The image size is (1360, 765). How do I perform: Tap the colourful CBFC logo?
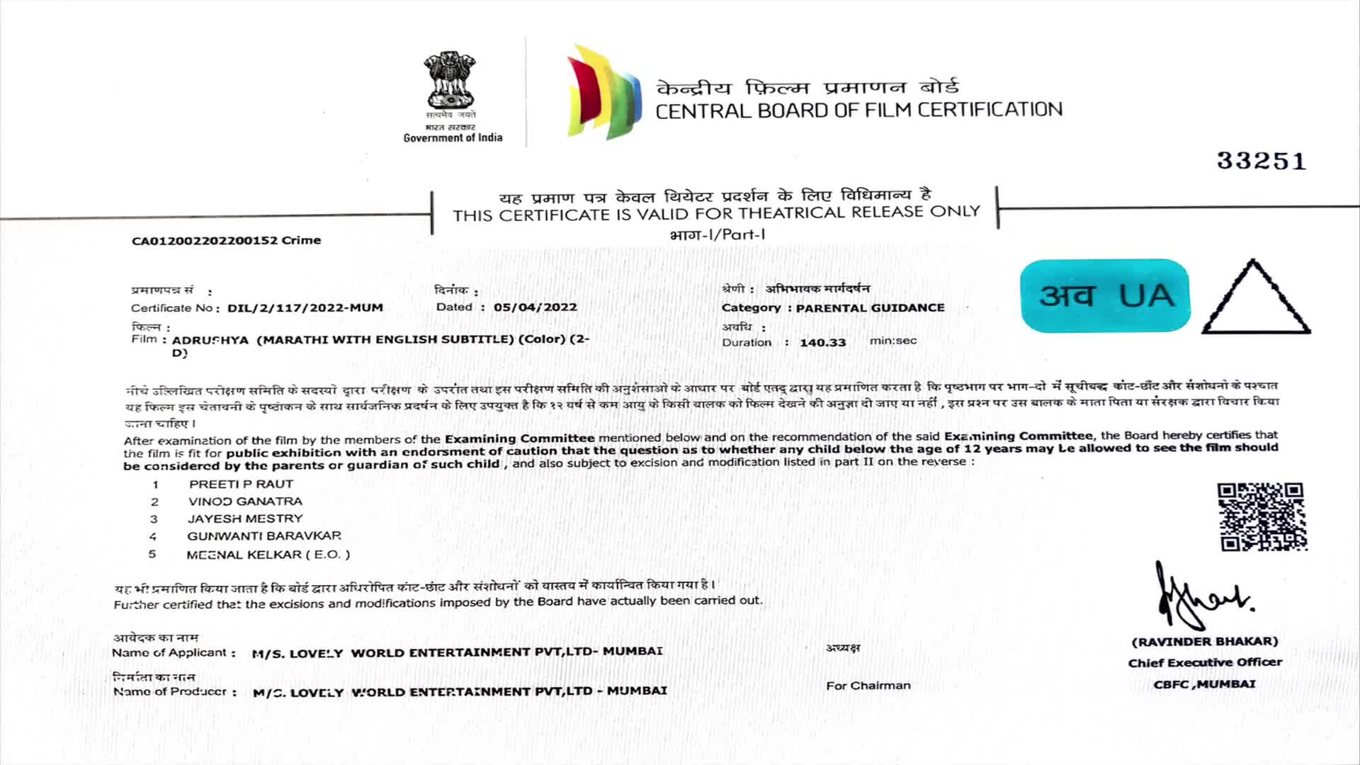[x=603, y=92]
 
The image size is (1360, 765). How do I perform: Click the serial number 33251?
[x=1262, y=161]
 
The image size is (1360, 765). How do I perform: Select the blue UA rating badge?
[x=1105, y=295]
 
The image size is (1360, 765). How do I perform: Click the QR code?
[x=1262, y=516]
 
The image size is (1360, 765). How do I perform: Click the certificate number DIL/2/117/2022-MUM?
[x=305, y=308]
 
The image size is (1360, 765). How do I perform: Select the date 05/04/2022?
[x=535, y=307]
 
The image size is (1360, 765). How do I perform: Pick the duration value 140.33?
[x=822, y=343]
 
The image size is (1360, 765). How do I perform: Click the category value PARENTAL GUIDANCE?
[x=870, y=308]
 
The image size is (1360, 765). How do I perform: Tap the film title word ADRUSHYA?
[x=210, y=340]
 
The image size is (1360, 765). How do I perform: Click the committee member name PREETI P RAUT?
[x=241, y=484]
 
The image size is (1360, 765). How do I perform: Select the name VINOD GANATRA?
[x=245, y=501]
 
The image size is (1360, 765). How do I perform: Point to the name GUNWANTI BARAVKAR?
[x=264, y=536]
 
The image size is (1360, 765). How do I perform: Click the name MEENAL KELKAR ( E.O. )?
[x=268, y=555]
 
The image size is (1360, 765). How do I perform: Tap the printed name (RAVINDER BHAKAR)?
[x=1205, y=642]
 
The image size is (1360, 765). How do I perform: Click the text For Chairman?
[x=868, y=686]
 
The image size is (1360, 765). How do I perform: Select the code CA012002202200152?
[x=205, y=241]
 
